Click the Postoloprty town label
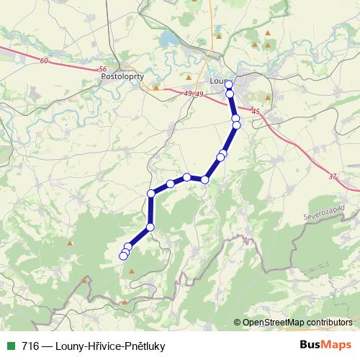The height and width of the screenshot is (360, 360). click(123, 76)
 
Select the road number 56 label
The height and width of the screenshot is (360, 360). click(102, 69)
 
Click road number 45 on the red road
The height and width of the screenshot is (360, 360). click(256, 110)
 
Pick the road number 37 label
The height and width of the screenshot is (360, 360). click(331, 176)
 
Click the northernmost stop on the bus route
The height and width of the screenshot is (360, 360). click(229, 84)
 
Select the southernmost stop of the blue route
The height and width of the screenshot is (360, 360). click(123, 256)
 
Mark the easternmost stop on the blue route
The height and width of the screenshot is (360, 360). click(236, 125)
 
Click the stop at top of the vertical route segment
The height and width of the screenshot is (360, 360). click(151, 193)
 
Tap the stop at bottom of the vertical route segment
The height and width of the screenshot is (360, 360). click(150, 228)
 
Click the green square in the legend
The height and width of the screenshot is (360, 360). click(10, 345)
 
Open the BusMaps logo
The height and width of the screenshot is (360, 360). click(325, 344)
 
